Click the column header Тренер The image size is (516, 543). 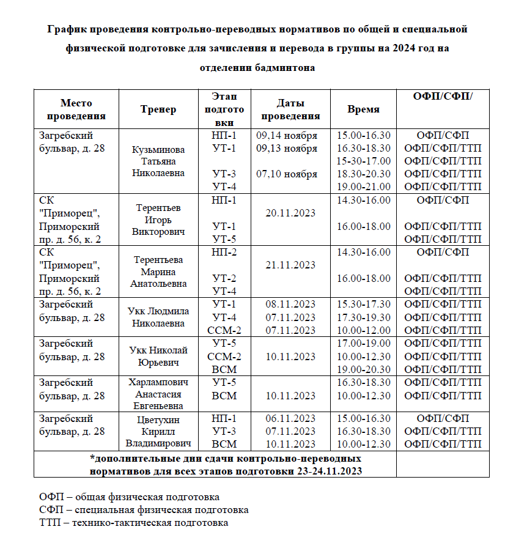[158, 109]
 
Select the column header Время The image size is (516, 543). [363, 109]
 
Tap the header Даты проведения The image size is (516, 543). [290, 109]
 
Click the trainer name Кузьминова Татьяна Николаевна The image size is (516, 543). [158, 161]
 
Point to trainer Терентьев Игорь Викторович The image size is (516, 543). [158, 220]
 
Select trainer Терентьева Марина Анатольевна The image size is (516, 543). [158, 271]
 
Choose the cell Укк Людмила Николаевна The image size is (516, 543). [158, 317]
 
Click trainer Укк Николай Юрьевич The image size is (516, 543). [158, 356]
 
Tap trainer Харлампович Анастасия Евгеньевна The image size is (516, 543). [158, 396]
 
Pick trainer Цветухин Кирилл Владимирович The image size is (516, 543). [158, 431]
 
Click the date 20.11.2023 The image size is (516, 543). [290, 213]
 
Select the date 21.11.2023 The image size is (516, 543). [290, 265]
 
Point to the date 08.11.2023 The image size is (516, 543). [290, 304]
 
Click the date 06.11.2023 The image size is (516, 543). [290, 418]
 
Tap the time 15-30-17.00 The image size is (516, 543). [363, 161]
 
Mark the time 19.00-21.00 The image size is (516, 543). [363, 187]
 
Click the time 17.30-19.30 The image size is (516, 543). [363, 317]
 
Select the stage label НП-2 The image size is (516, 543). [224, 252]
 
